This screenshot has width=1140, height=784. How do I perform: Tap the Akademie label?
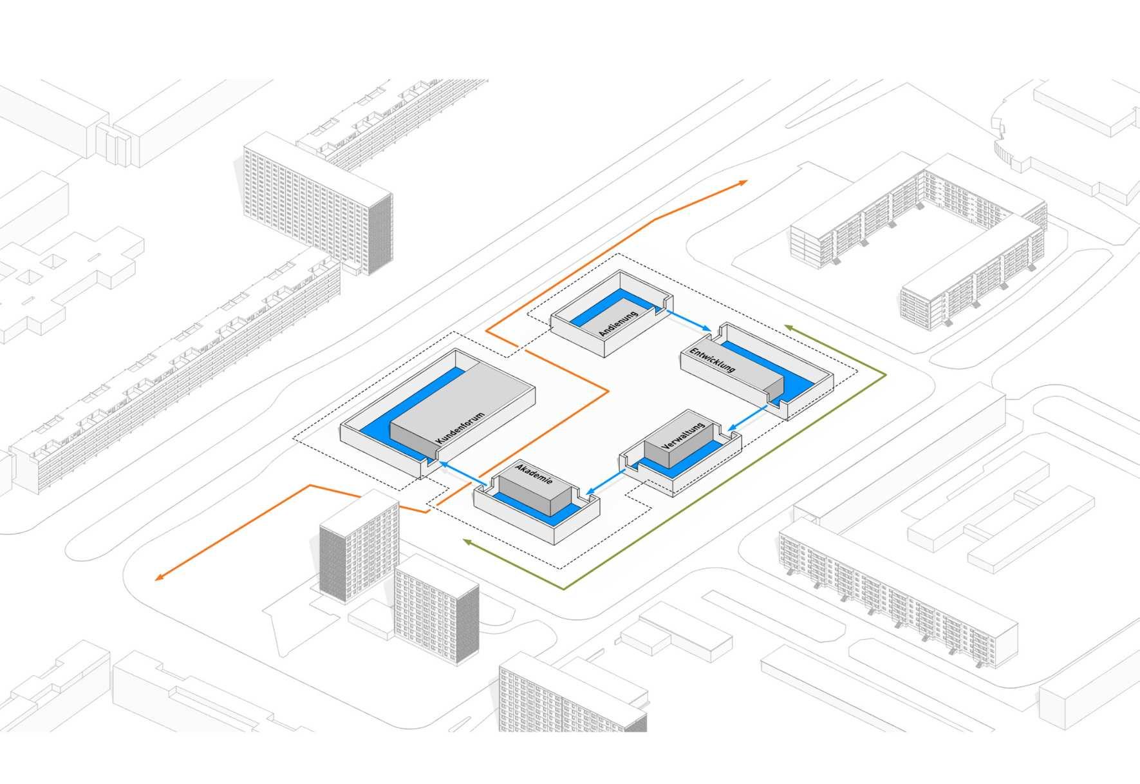click(534, 480)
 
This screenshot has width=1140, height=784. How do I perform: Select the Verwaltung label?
click(683, 437)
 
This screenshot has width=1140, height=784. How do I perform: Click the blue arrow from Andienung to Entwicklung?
click(688, 321)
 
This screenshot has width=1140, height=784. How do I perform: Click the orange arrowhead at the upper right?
click(743, 183)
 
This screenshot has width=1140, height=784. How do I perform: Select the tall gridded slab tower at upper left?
click(315, 203)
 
